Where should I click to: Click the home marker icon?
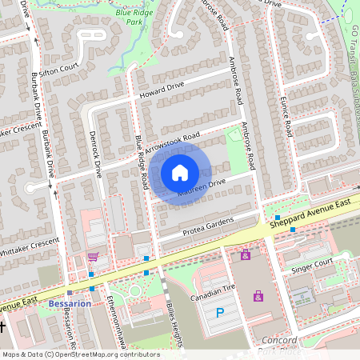click(x=180, y=172)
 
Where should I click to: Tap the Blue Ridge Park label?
click(x=133, y=18)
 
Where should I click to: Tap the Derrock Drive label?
click(x=96, y=154)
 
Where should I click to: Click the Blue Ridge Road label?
click(x=142, y=162)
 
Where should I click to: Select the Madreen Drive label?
click(x=202, y=188)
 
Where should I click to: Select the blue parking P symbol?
click(x=220, y=313)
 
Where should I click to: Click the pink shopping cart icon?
click(x=93, y=258)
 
